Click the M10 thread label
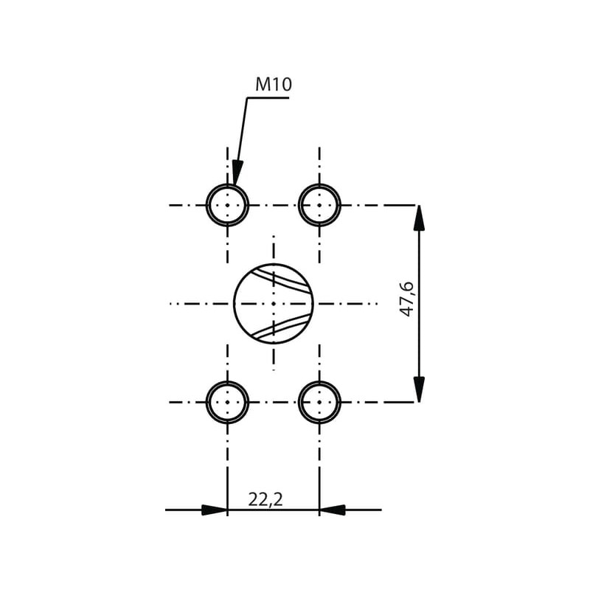click(274, 84)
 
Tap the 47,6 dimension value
click(406, 299)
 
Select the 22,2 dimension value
click(265, 499)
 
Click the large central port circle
click(234, 303)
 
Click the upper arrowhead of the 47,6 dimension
click(419, 218)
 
